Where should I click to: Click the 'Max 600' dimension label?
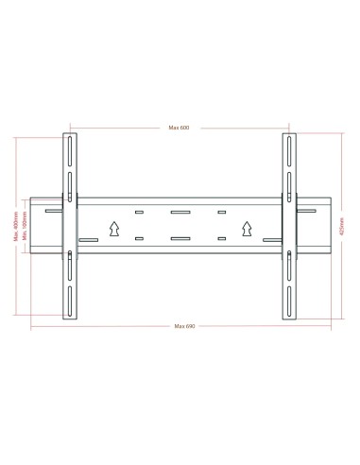coord(180,128)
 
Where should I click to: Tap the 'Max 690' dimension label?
coord(180,326)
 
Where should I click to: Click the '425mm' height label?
coord(342,227)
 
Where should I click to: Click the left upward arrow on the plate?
coord(113,227)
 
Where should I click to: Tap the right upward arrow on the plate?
coord(248,227)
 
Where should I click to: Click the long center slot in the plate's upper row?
coord(180,213)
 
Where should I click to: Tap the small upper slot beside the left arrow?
coord(139,214)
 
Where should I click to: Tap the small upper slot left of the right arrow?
coord(223,214)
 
